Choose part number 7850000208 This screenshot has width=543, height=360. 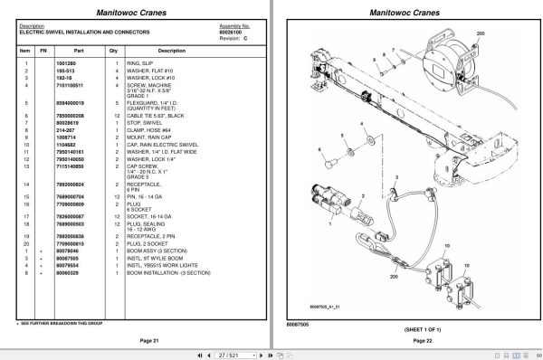tap(71, 114)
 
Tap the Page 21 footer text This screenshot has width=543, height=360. tap(138, 338)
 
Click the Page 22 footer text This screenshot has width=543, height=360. tap(410, 338)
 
